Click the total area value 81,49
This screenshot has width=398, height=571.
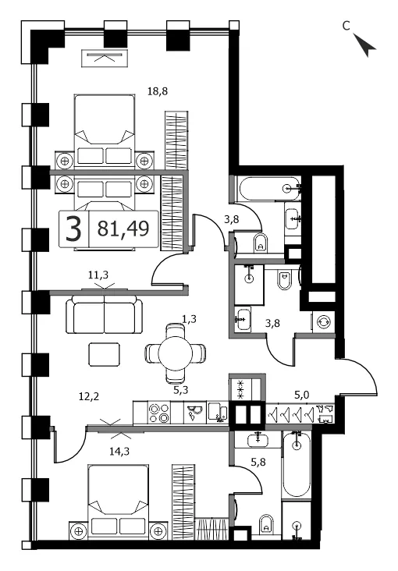tap(123, 229)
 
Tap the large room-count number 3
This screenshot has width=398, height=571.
tap(73, 229)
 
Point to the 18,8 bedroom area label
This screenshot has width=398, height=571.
tap(158, 91)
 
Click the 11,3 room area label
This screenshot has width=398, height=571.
tap(98, 275)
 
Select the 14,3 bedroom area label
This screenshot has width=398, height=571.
tap(119, 452)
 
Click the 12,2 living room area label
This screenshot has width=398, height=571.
tap(89, 396)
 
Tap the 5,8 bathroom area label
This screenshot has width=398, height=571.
tap(258, 462)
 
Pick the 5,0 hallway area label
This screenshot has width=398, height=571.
tap(303, 395)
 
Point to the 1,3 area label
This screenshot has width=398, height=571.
tap(189, 319)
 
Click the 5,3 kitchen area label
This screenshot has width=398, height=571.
tap(180, 390)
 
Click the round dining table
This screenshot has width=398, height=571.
tap(176, 353)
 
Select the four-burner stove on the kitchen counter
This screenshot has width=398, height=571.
tap(159, 413)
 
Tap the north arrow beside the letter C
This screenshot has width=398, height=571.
tap(364, 45)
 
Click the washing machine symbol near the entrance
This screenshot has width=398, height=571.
tap(324, 322)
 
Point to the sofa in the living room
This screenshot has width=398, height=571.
tap(105, 314)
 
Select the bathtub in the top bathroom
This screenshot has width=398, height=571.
tap(268, 188)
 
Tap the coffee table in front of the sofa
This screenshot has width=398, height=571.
tap(105, 354)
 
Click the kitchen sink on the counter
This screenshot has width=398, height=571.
tap(196, 413)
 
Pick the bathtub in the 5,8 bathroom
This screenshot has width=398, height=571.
tap(297, 463)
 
